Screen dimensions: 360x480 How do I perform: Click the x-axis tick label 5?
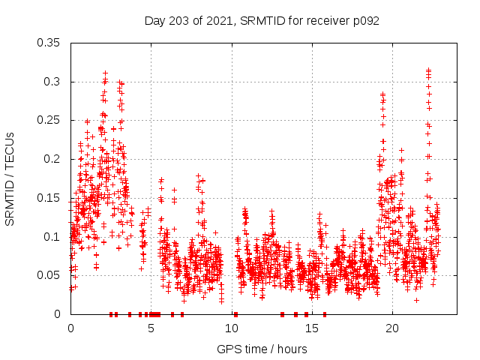[151, 328]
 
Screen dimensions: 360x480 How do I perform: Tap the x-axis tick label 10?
[232, 328]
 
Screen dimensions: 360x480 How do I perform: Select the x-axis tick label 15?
[312, 328]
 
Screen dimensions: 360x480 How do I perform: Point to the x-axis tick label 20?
[392, 328]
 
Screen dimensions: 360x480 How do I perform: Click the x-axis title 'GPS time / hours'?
[262, 349]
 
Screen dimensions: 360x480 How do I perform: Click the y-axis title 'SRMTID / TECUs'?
[10, 178]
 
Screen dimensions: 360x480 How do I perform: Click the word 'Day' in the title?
[154, 20]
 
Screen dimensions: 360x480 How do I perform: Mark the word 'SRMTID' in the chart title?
[260, 20]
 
